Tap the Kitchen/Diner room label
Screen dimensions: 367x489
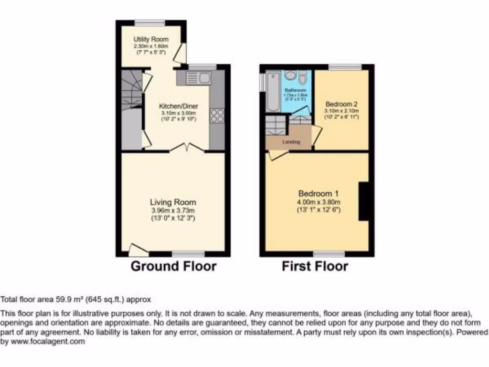(179, 106)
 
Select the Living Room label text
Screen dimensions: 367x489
(172, 202)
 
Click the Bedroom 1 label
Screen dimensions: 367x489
(319, 194)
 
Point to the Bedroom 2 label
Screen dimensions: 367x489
(341, 104)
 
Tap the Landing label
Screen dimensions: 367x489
(291, 142)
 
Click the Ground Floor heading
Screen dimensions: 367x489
(173, 266)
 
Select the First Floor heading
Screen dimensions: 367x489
(315, 266)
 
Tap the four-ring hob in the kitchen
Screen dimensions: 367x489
(217, 115)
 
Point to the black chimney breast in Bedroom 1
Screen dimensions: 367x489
(365, 201)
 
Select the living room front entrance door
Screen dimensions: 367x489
(138, 249)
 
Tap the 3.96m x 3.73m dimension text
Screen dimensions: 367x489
(172, 210)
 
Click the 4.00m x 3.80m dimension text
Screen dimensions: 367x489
(319, 202)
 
